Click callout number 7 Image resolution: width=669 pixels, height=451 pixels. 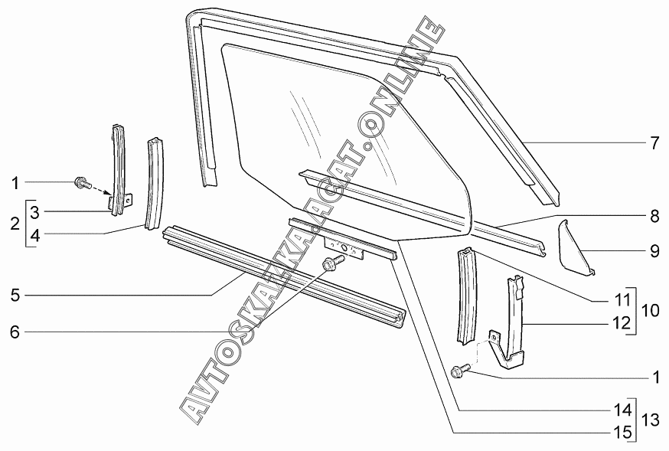654,142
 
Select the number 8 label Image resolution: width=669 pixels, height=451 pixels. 654,217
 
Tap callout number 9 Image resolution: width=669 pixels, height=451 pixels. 654,250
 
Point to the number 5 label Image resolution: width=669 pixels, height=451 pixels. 15,294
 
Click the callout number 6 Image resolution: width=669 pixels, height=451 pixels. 15,332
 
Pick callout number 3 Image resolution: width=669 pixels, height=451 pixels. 35,211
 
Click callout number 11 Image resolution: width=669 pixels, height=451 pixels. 624,299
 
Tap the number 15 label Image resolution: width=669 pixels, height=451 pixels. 624,432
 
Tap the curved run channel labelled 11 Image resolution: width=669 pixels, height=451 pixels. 464,295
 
